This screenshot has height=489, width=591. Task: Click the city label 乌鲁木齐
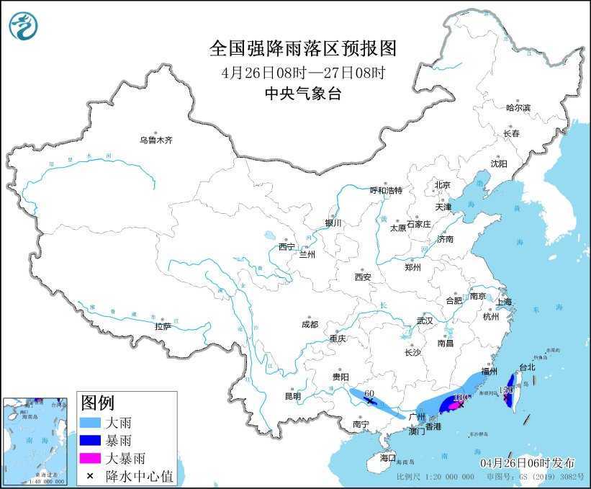click(x=156, y=140)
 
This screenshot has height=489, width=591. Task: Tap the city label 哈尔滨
click(x=518, y=107)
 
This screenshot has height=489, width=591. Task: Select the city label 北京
click(x=442, y=185)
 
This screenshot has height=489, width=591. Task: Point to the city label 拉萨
click(x=163, y=326)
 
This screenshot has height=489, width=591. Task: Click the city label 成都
click(x=310, y=324)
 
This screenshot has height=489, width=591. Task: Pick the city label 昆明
click(x=293, y=395)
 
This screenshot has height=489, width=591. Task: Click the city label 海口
click(x=388, y=457)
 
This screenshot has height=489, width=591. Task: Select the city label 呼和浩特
click(x=386, y=191)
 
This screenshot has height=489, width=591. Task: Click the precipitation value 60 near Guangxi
click(x=369, y=393)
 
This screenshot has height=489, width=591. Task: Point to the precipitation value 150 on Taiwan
click(x=506, y=390)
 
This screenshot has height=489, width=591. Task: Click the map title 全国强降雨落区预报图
click(x=302, y=48)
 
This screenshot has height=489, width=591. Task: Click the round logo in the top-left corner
click(x=24, y=26)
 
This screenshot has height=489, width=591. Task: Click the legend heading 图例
click(x=97, y=402)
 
